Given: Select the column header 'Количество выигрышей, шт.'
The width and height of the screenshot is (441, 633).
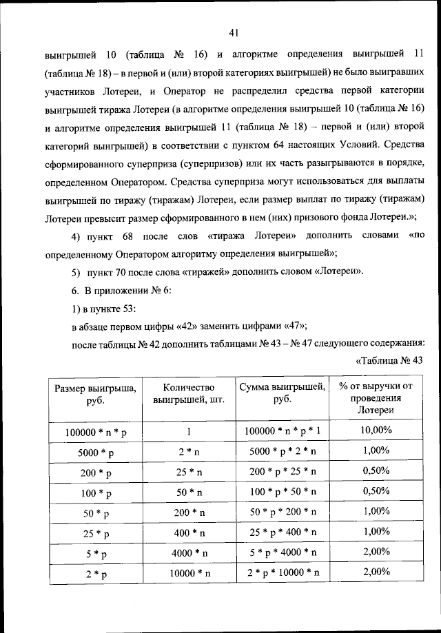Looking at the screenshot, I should click(188, 393).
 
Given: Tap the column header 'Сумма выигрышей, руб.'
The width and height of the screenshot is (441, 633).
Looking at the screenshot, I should click(282, 393).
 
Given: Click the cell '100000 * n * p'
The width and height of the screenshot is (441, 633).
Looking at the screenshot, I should click(96, 431).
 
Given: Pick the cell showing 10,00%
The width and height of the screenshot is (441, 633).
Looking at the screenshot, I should click(376, 430).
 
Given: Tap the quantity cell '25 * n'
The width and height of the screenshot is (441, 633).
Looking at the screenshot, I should click(188, 473).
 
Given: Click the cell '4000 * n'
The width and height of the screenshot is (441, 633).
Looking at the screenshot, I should click(188, 553).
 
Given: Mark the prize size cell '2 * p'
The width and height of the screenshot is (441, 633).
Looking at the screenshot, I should click(96, 573).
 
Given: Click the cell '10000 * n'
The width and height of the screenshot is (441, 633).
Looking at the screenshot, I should click(188, 573).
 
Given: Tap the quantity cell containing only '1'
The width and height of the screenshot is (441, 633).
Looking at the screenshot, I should click(188, 431).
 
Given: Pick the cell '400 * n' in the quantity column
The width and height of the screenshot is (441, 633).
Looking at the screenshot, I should click(188, 533).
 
